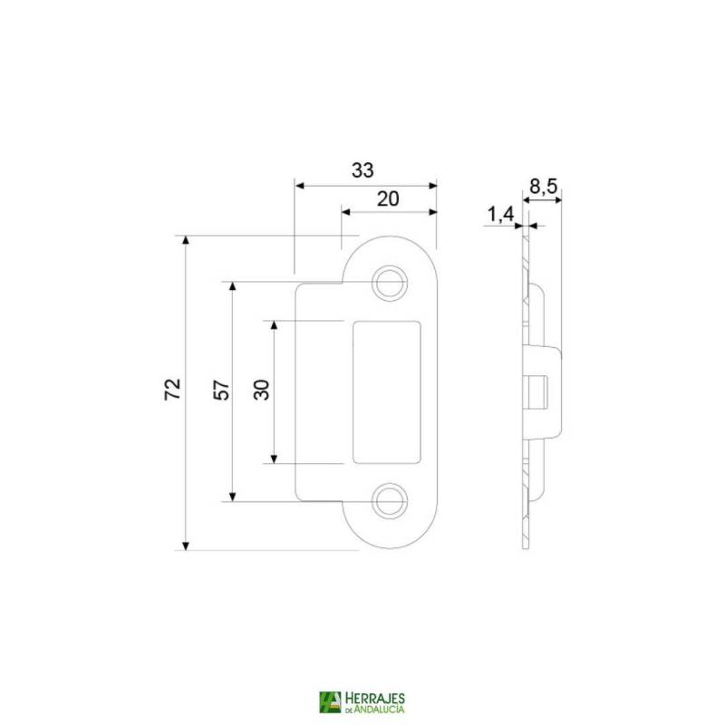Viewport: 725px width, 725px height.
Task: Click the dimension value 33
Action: click(362, 170)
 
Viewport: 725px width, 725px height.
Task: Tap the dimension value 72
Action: click(173, 390)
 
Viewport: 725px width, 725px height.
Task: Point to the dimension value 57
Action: click(220, 390)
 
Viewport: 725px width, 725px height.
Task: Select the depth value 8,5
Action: click(543, 187)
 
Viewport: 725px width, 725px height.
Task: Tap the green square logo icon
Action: click(330, 703)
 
